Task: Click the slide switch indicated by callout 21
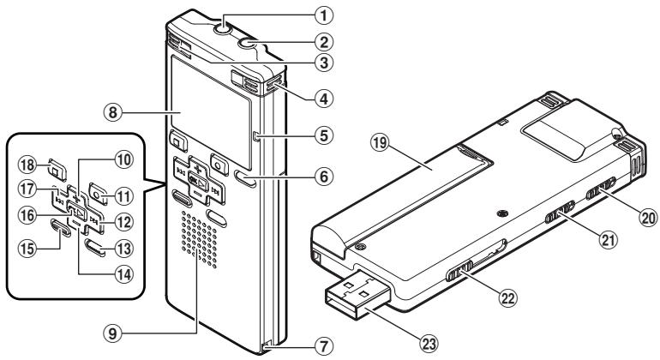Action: click(x=562, y=213)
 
